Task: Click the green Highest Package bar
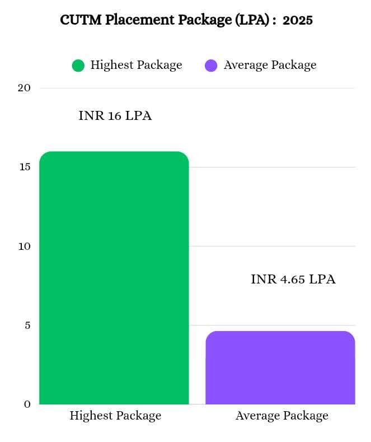point(114,278)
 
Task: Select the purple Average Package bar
point(280,367)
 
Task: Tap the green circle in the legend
point(78,66)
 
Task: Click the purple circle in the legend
point(211,66)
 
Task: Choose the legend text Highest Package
point(136,65)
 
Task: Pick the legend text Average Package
point(270,65)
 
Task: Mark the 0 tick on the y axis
point(27,404)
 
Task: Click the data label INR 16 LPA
point(115,117)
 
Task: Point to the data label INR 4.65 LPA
point(293,280)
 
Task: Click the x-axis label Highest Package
point(115,416)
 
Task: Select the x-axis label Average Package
point(281,416)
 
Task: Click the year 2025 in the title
point(297,20)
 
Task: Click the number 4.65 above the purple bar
point(293,280)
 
